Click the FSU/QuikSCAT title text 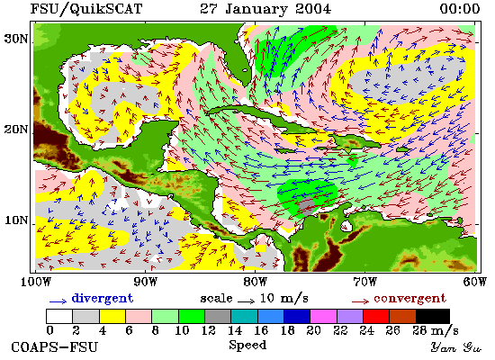[86, 9]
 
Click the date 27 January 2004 [265, 9]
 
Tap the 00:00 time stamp [460, 9]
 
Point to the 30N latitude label [16, 40]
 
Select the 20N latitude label [16, 130]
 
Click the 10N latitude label [16, 220]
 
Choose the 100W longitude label [36, 282]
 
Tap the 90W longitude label [145, 282]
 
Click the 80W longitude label [255, 282]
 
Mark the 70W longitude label [364, 282]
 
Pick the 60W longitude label [474, 282]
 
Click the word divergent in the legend [103, 298]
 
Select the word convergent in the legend [410, 299]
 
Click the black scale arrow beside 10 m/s [247, 301]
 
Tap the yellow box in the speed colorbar [112, 316]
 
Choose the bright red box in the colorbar [376, 316]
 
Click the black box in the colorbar [433, 316]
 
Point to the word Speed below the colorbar [247, 345]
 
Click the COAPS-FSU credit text [54, 346]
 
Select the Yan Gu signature [456, 347]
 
